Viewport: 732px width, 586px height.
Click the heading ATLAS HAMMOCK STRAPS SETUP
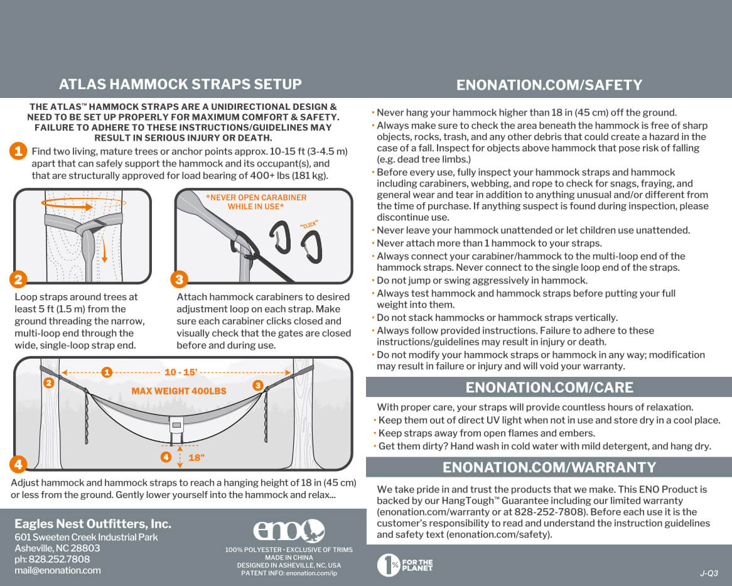pyautogui.click(x=180, y=85)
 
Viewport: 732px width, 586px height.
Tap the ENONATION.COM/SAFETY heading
pyautogui.click(x=549, y=85)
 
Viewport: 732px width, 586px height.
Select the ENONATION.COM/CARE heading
pyautogui.click(x=549, y=387)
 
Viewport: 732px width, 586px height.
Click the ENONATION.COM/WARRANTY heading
pyautogui.click(x=549, y=467)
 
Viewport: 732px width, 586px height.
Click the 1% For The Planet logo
pyautogui.click(x=405, y=565)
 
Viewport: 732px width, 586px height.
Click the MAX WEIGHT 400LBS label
pyautogui.click(x=178, y=391)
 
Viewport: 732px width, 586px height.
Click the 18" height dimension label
pyautogui.click(x=196, y=458)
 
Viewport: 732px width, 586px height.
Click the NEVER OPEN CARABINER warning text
pyautogui.click(x=256, y=202)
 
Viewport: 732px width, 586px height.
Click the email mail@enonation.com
pyautogui.click(x=58, y=570)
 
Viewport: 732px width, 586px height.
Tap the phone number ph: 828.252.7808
pyautogui.click(x=52, y=559)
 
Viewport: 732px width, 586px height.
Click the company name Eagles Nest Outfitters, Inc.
pyautogui.click(x=93, y=524)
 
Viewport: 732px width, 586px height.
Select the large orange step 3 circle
pyautogui.click(x=180, y=279)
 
